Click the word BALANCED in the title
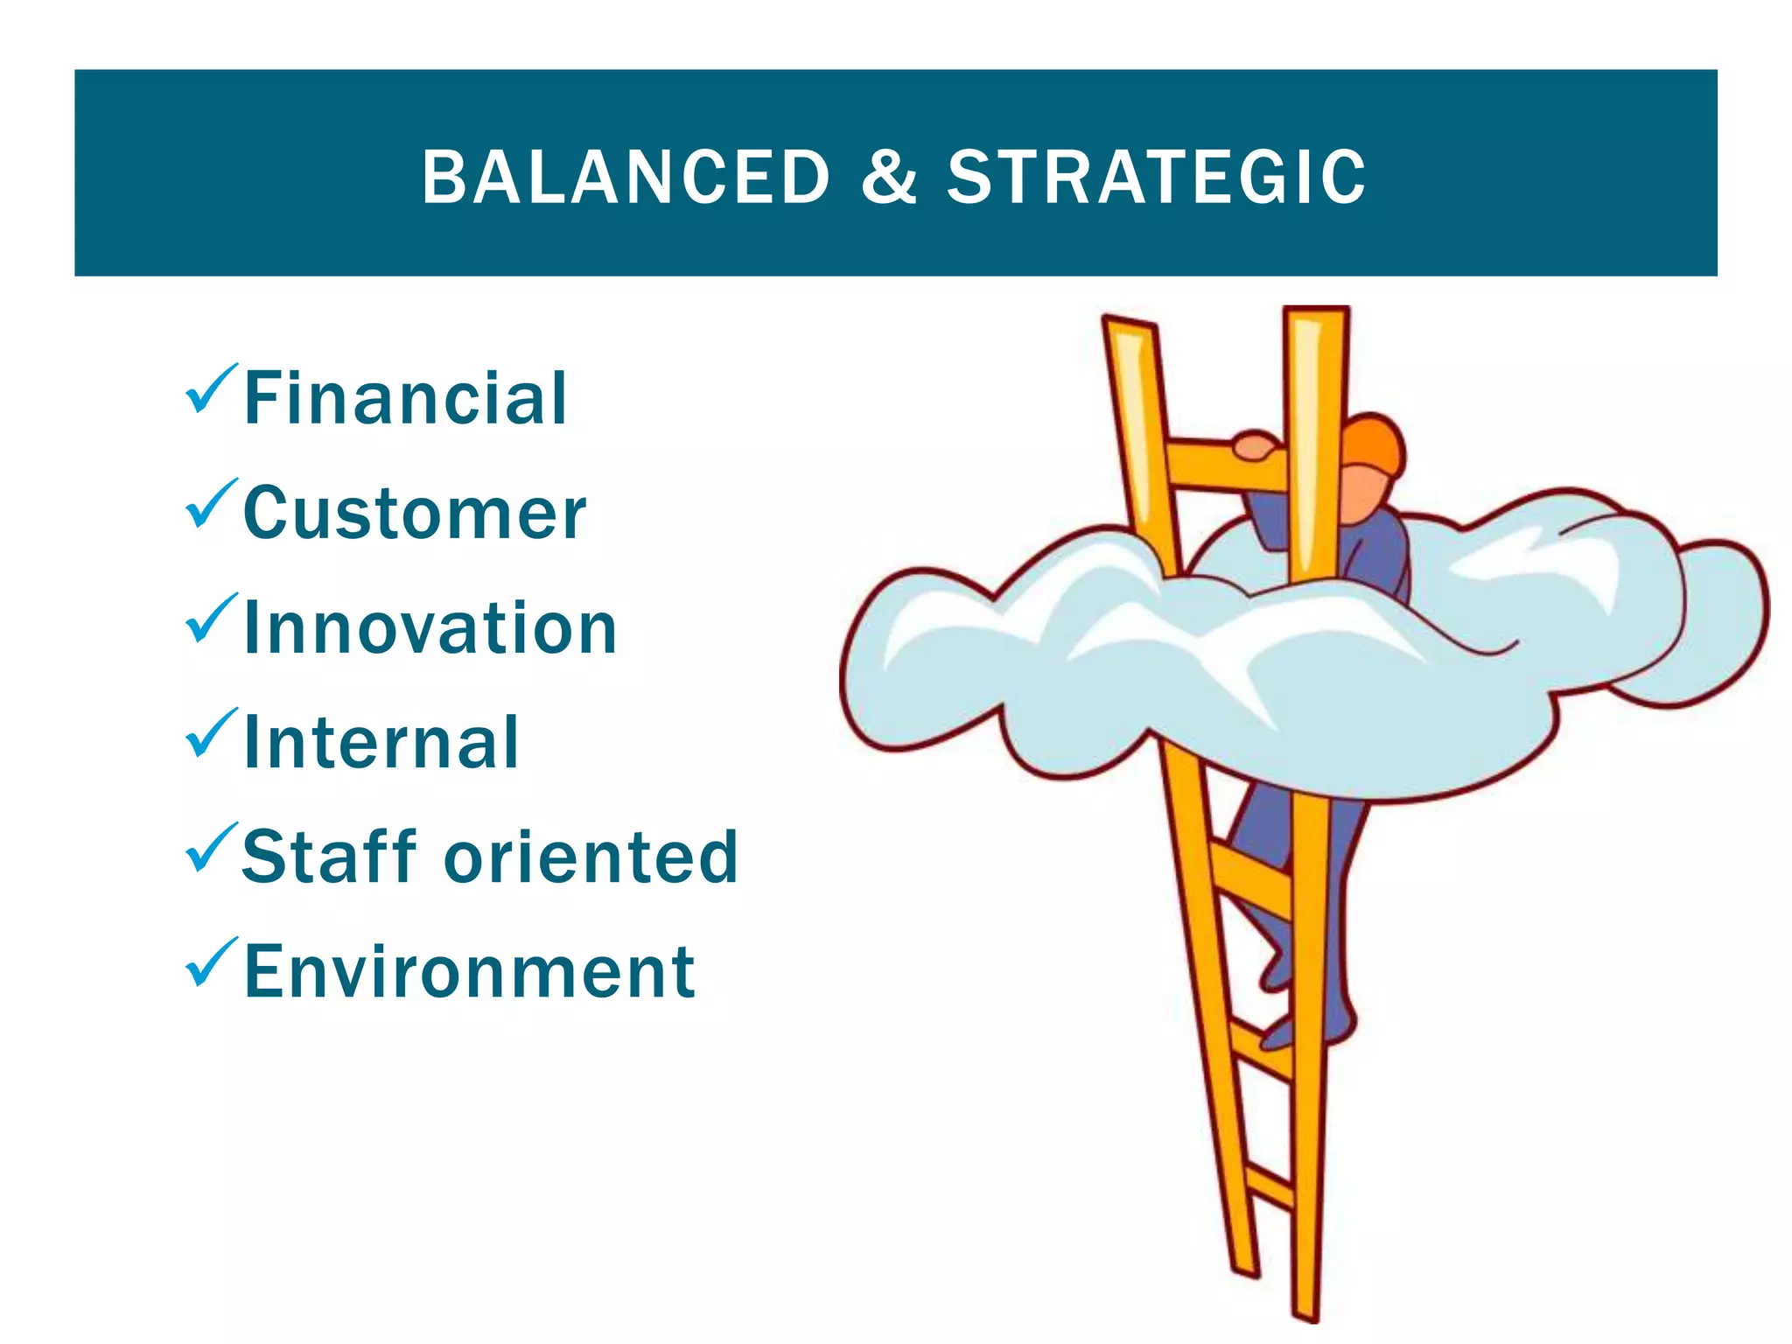pyautogui.click(x=626, y=178)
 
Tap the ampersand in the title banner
pyautogui.click(x=889, y=178)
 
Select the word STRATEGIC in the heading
pyautogui.click(x=1156, y=178)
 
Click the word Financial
pyautogui.click(x=406, y=399)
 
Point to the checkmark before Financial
pyautogui.click(x=210, y=389)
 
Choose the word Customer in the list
pyautogui.click(x=415, y=514)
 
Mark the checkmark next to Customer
pyautogui.click(x=210, y=504)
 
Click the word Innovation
pyautogui.click(x=430, y=628)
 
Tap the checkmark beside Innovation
pyautogui.click(x=210, y=619)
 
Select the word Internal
pyautogui.click(x=381, y=743)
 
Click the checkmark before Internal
pyautogui.click(x=210, y=733)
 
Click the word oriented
pyautogui.click(x=591, y=857)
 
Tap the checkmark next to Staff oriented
pyautogui.click(x=210, y=848)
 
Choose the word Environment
pyautogui.click(x=470, y=972)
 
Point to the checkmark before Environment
pyautogui.click(x=210, y=962)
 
